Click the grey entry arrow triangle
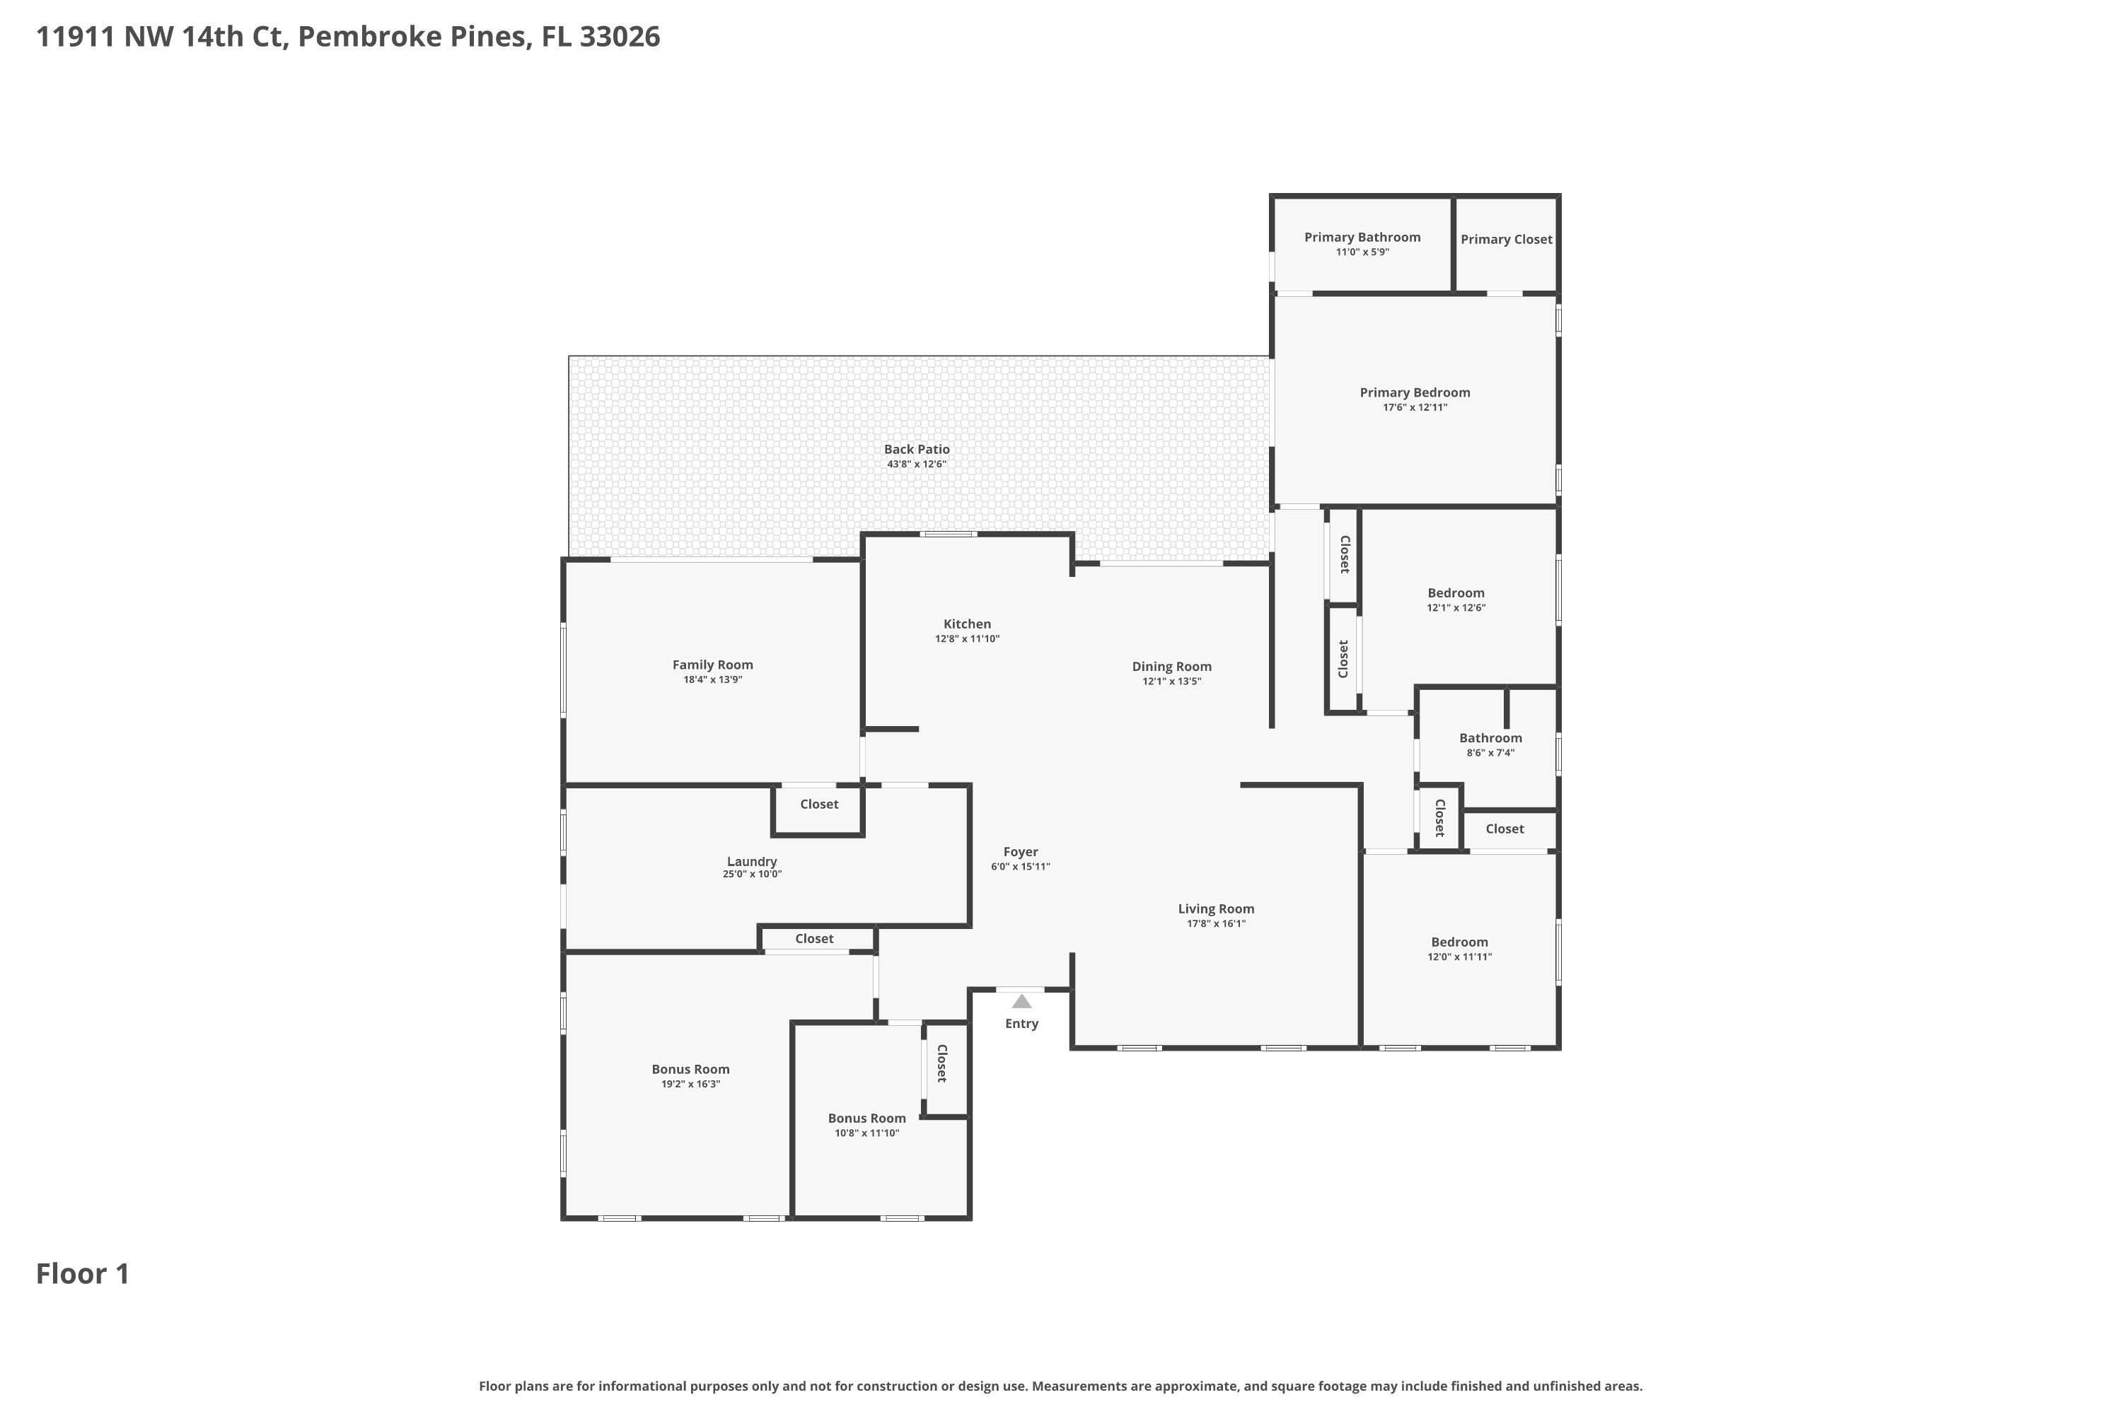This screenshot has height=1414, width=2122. [1021, 1002]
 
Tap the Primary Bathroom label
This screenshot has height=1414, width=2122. [1362, 237]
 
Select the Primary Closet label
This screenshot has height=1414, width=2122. [1506, 239]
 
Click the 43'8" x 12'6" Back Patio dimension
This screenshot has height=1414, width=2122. [917, 464]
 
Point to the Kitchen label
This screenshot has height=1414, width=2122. [967, 624]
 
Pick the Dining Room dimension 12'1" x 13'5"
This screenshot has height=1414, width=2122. [1171, 682]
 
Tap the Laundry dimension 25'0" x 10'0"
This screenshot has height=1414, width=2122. [751, 874]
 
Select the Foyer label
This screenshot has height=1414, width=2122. [1021, 851]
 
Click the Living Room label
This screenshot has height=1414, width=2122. [1215, 909]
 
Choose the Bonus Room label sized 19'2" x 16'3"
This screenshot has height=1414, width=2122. [690, 1070]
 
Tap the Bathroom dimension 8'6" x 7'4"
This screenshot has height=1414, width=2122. [1490, 753]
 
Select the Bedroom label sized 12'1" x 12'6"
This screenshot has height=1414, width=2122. [1455, 592]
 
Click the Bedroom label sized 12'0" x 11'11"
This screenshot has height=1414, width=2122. [1459, 942]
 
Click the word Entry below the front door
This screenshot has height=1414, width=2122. [1021, 1024]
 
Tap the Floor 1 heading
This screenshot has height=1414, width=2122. [83, 1273]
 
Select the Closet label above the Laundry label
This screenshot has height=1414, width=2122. [818, 805]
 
